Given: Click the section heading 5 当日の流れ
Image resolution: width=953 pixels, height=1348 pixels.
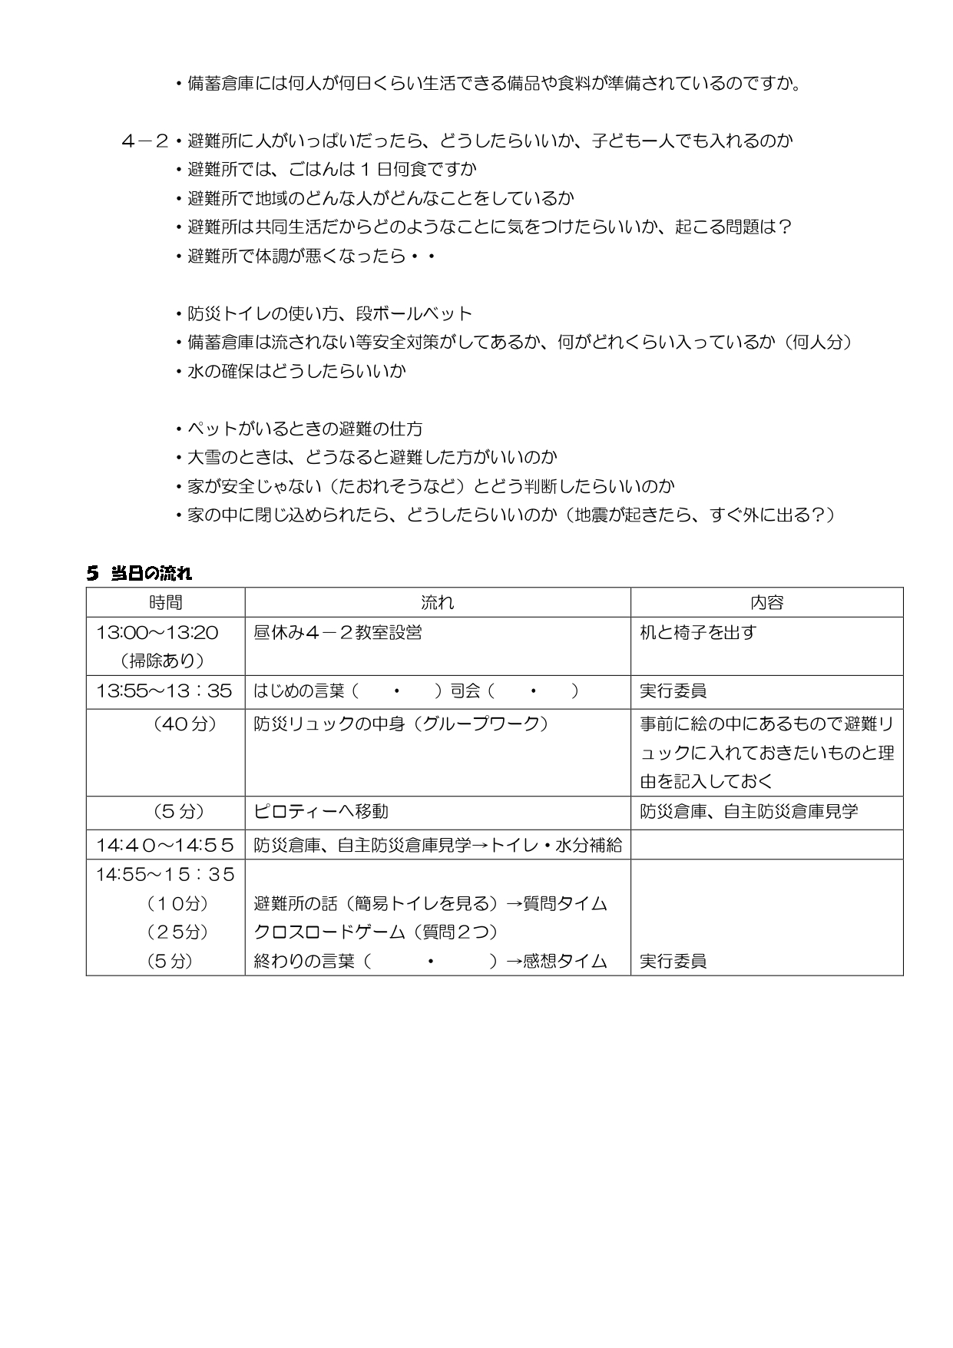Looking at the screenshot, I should click(139, 573).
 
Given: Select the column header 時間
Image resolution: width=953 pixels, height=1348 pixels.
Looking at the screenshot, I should click(165, 603).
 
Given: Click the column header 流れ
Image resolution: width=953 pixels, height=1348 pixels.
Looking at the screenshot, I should click(437, 603).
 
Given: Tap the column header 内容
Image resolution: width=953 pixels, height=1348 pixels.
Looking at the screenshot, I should click(766, 603).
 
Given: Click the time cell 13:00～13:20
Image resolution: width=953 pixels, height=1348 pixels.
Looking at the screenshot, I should click(157, 633).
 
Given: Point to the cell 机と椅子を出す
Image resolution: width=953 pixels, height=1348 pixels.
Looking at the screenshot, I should click(698, 633).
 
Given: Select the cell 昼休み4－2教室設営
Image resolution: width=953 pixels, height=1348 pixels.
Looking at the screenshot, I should click(338, 633).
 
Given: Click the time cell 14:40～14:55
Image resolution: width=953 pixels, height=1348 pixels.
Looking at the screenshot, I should click(164, 846).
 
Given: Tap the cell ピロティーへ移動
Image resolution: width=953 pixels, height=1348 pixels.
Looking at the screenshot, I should click(321, 812).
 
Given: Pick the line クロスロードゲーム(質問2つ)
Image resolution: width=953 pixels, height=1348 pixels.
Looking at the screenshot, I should click(376, 932).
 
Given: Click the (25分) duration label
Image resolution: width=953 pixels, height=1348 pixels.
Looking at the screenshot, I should click(177, 932).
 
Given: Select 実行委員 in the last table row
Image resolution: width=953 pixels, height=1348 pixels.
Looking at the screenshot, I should click(673, 962).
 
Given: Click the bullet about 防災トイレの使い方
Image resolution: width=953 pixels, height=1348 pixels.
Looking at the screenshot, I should click(329, 313).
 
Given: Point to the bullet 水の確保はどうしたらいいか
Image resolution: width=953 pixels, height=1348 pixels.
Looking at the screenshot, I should click(296, 371).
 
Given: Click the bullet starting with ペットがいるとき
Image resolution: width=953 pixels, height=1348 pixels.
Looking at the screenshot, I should click(304, 429).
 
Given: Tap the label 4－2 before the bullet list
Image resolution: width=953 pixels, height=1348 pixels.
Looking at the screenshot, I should click(144, 141).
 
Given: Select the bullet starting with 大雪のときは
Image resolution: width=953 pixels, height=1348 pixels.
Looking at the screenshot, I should click(372, 458).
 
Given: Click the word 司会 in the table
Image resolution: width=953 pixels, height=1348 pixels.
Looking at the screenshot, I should click(465, 691).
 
